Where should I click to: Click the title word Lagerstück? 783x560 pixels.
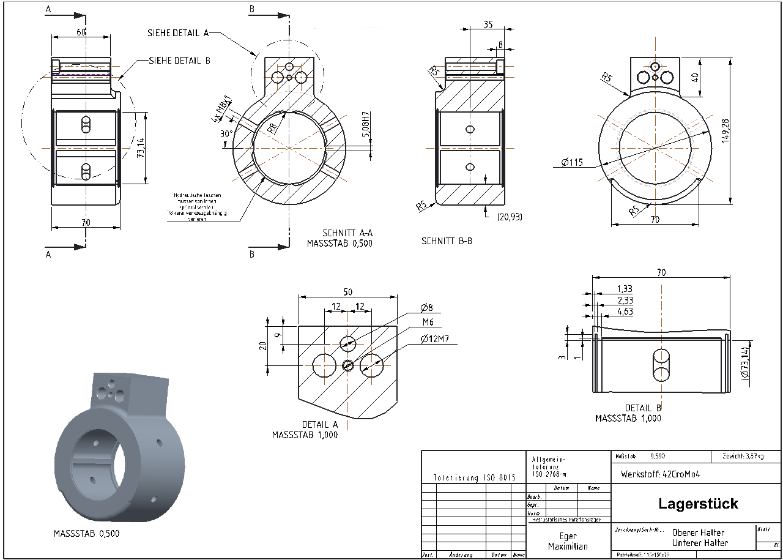[x=698, y=504]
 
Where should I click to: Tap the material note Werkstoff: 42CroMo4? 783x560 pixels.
[x=660, y=474]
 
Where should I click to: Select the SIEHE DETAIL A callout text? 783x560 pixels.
[x=179, y=32]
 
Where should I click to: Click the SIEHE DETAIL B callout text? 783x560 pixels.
[x=180, y=61]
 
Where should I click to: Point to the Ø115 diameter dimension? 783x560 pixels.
[x=572, y=163]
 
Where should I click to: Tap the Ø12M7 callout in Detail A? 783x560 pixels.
[x=436, y=339]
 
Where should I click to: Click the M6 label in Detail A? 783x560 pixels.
[x=428, y=323]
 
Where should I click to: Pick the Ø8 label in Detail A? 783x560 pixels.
[x=426, y=307]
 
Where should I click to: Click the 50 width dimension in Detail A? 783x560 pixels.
[x=347, y=292]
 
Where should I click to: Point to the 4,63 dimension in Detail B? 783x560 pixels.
[x=625, y=312]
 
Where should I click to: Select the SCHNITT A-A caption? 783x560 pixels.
[x=347, y=233]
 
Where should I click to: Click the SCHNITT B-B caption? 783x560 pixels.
[x=447, y=241]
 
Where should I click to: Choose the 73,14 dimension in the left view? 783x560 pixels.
[x=141, y=147]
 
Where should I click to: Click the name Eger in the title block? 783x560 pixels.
[x=568, y=536]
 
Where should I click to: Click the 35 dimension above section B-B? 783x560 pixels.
[x=488, y=25]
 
